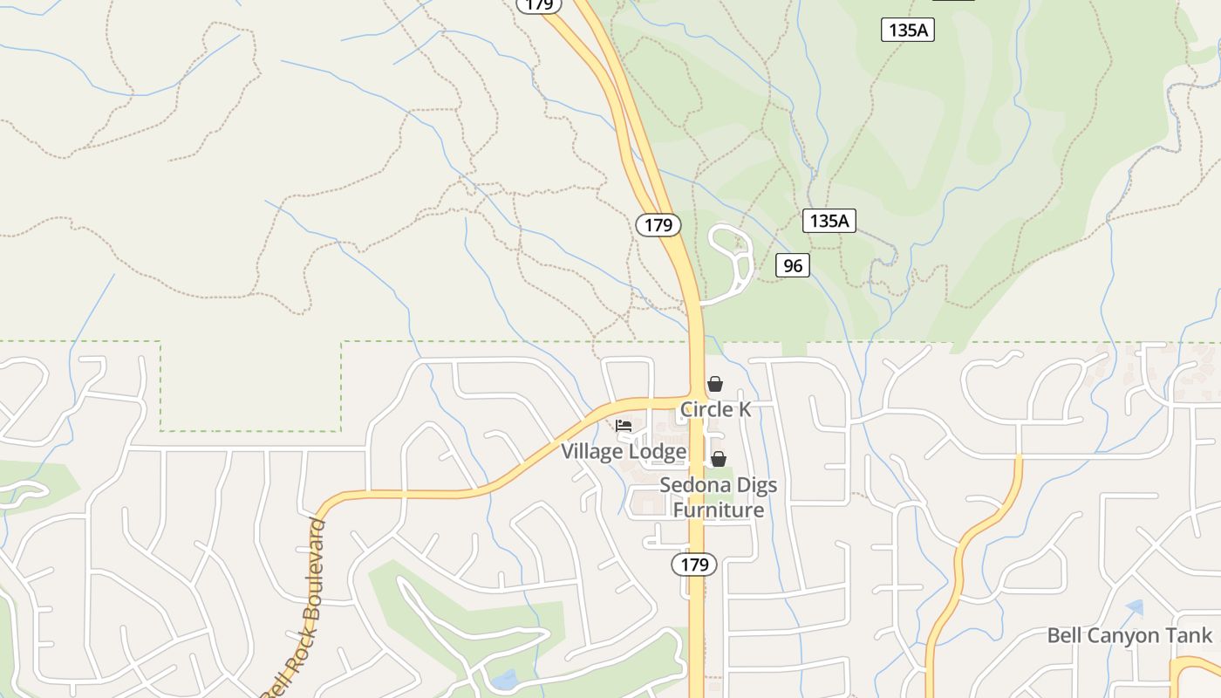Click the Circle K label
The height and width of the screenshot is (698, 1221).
(715, 409)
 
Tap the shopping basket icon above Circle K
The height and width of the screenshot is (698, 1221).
(715, 384)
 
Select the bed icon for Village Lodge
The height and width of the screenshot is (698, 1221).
(624, 426)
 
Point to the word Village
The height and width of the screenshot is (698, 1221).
(592, 452)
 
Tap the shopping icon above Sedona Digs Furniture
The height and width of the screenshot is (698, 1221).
(719, 459)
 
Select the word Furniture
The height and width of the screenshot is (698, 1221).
(718, 510)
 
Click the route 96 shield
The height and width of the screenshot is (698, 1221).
(793, 265)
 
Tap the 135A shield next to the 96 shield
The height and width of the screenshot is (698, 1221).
(829, 221)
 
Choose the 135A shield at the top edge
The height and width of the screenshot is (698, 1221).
(907, 31)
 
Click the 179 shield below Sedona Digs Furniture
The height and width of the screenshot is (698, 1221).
(694, 565)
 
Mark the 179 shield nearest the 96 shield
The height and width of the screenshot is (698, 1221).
(658, 225)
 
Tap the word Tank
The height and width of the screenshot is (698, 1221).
(1190, 635)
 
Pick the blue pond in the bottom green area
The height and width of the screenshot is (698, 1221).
(503, 679)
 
